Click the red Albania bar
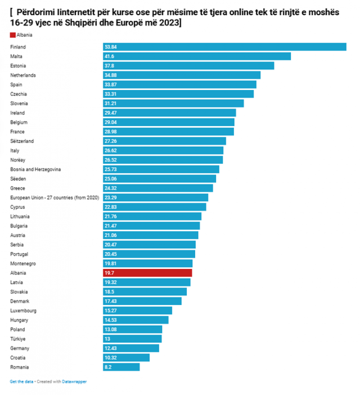click(147, 273)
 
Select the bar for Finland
click(224, 47)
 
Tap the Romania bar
click(121, 367)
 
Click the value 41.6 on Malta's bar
click(109, 56)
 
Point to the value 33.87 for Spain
click(110, 85)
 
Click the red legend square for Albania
click(12, 35)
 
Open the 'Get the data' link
click(21, 382)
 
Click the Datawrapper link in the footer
click(74, 382)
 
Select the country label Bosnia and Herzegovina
click(36, 169)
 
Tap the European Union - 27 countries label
click(55, 198)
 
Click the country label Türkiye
click(18, 339)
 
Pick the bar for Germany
click(131, 348)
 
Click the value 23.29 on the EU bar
click(110, 198)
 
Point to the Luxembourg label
click(23, 311)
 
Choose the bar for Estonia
click(188, 66)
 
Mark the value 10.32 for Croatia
click(110, 358)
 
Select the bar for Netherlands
click(182, 75)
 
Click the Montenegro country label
click(23, 263)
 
